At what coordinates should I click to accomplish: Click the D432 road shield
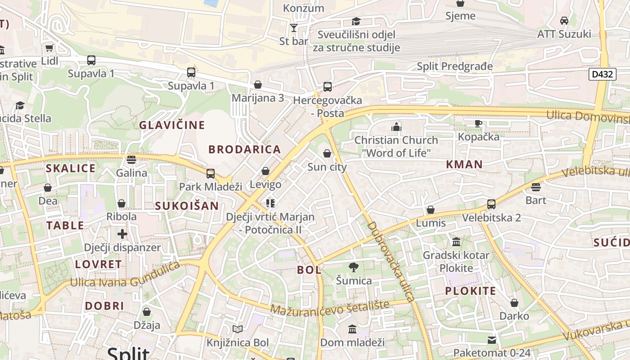click(602, 74)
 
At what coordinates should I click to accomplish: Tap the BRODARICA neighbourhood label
click(245, 149)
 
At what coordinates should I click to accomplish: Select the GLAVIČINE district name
click(172, 125)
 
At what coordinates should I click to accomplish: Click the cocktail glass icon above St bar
click(294, 28)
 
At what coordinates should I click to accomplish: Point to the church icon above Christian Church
click(396, 127)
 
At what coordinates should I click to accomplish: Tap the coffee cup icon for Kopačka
click(478, 123)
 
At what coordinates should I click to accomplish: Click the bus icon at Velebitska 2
click(491, 204)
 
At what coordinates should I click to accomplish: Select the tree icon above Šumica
click(354, 267)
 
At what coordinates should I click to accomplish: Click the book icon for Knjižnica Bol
click(238, 329)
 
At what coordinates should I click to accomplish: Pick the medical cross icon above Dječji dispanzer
click(122, 234)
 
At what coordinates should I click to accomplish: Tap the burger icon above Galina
click(131, 160)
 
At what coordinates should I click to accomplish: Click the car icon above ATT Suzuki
click(564, 21)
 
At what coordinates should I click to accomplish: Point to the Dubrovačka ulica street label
click(390, 261)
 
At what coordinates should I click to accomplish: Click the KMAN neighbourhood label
click(464, 165)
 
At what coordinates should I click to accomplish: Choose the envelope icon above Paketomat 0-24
click(492, 340)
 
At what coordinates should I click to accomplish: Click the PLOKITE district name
click(471, 291)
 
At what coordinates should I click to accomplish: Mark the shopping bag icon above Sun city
click(327, 154)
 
